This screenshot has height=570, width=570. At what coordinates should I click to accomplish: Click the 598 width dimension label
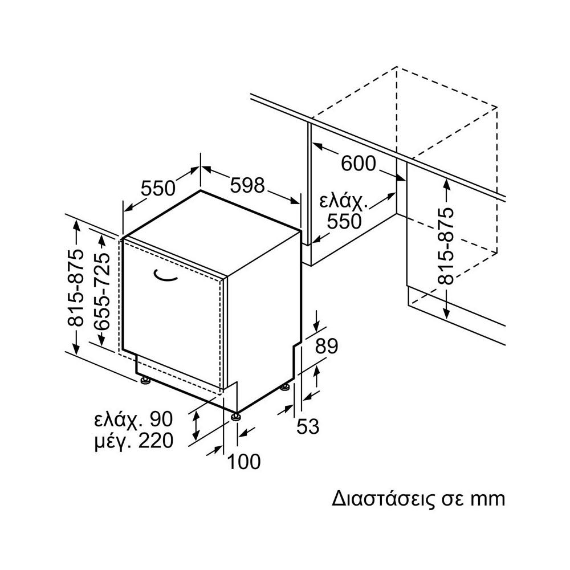(248, 186)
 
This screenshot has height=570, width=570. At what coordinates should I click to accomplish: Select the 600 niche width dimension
(359, 164)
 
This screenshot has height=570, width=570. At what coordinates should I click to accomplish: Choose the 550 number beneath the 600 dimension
(344, 221)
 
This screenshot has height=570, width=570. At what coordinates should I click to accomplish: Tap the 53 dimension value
(308, 426)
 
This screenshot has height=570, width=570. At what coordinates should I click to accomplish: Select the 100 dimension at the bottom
(243, 461)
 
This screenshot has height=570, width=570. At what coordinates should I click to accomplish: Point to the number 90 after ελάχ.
(160, 420)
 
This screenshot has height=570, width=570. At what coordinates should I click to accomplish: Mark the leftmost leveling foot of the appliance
(146, 380)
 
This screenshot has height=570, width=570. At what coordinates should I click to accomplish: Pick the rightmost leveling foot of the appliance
(284, 388)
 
